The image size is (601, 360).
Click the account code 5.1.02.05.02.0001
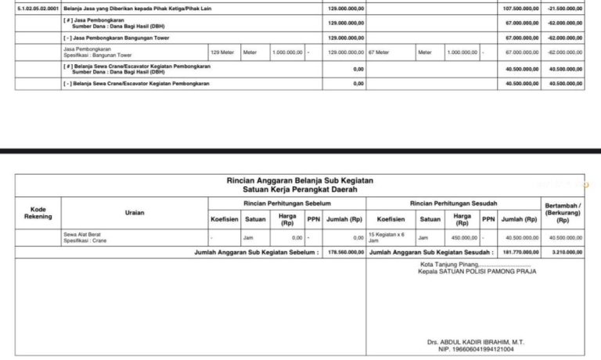click(35, 8)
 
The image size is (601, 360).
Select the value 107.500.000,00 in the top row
click(520, 8)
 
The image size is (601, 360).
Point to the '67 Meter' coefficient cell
click(380, 52)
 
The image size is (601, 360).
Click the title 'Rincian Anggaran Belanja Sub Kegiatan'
click(300, 181)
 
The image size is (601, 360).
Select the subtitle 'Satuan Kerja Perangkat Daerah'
click(300, 189)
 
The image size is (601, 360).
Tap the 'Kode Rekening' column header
click(38, 214)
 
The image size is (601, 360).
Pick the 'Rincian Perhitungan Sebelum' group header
click(286, 203)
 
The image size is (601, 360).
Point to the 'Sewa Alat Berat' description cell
click(83, 233)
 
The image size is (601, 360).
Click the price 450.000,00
click(464, 237)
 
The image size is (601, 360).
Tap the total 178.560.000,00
click(344, 253)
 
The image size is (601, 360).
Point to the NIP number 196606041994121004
click(470, 350)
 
